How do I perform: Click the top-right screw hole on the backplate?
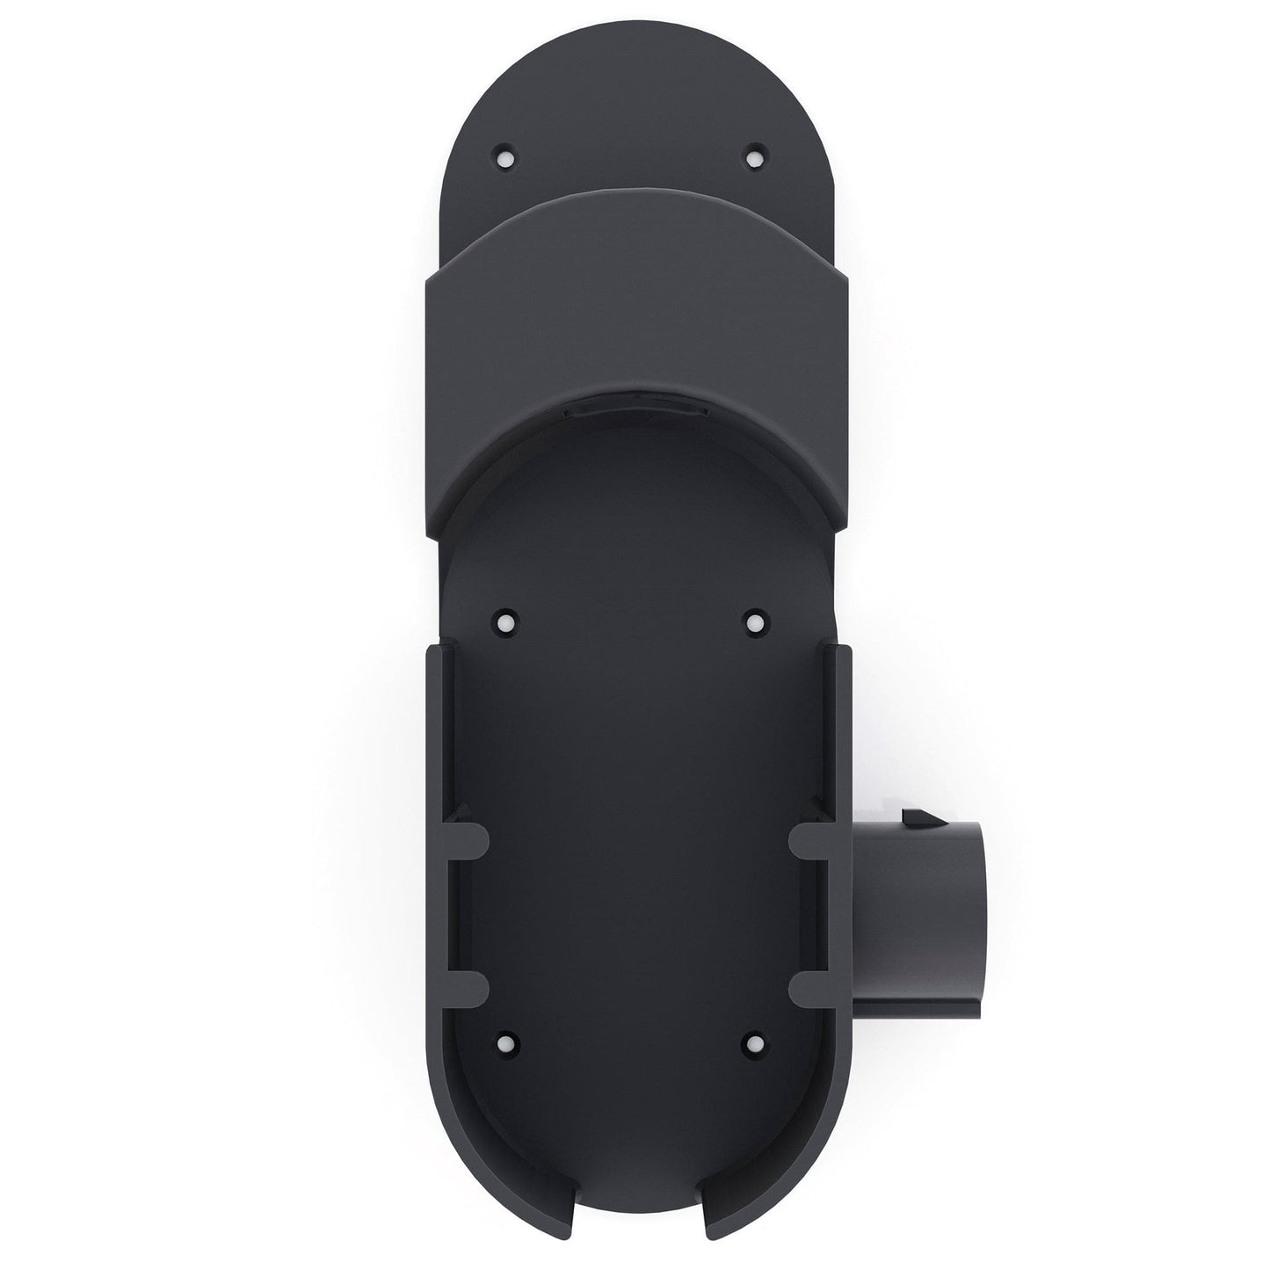pyautogui.click(x=751, y=158)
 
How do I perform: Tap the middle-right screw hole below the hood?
pyautogui.click(x=753, y=622)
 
